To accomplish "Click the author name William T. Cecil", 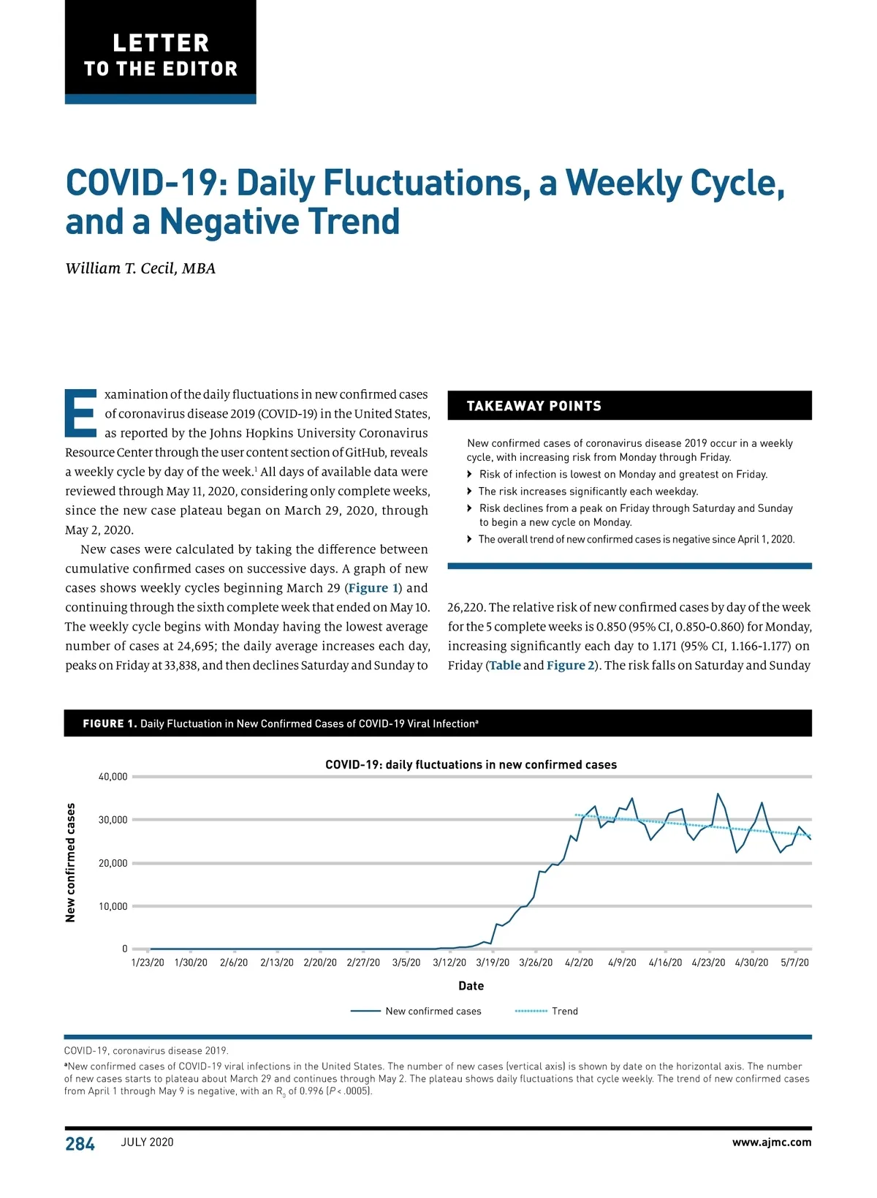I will (140, 268).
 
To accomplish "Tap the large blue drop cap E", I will (80, 412).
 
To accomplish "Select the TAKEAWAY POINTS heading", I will (534, 406).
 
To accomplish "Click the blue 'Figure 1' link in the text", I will (373, 588).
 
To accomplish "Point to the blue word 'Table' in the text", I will (505, 666).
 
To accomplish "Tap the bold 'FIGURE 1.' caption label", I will (110, 723).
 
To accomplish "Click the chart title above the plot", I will (471, 764).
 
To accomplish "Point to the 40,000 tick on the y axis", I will (113, 777).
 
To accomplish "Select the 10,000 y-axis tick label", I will (113, 906).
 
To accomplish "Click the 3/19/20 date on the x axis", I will (493, 962).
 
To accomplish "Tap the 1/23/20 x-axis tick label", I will (148, 962).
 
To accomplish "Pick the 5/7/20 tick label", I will (794, 962).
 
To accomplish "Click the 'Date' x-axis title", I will (471, 986).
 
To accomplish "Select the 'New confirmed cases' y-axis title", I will (71, 862).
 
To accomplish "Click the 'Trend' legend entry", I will (564, 1011).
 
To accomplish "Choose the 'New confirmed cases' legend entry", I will (433, 1011).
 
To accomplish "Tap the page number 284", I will (80, 1144).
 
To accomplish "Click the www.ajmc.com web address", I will (771, 1142).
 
